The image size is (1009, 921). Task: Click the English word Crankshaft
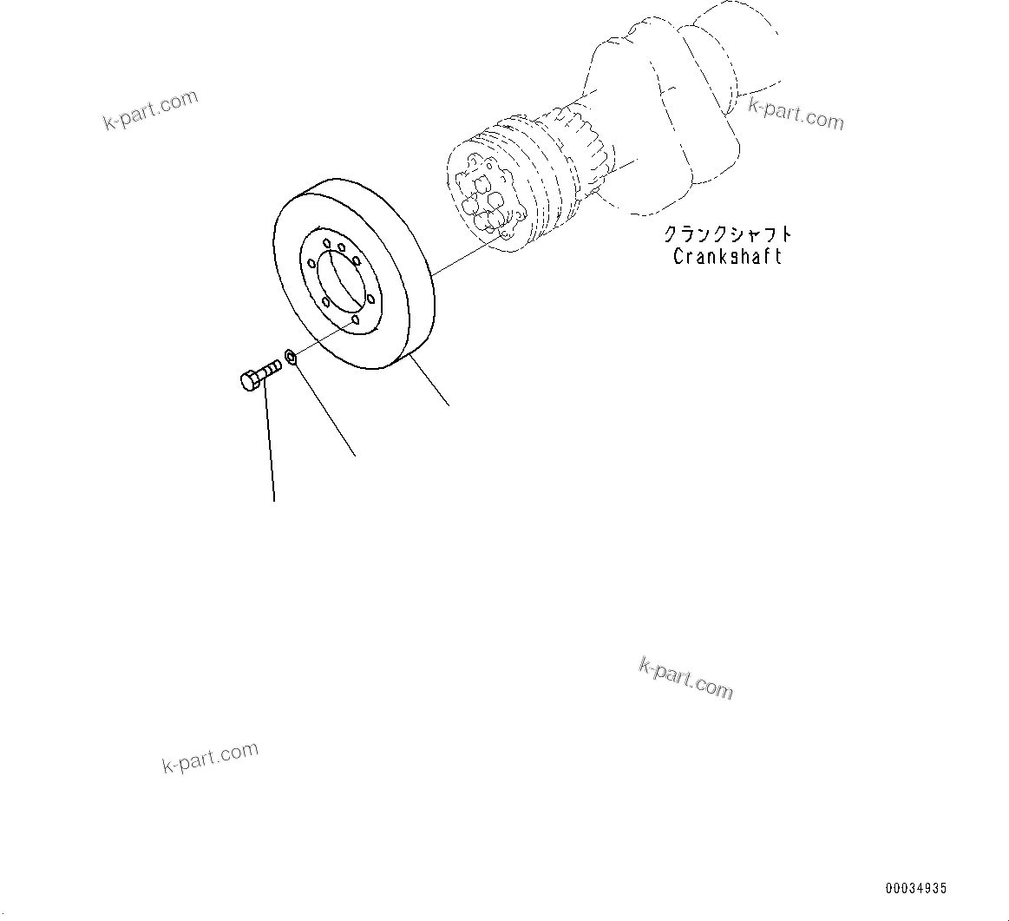click(x=727, y=256)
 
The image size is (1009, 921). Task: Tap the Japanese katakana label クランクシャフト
click(x=727, y=234)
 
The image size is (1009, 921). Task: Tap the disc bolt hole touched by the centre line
click(x=356, y=320)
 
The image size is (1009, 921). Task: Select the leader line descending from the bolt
click(x=270, y=443)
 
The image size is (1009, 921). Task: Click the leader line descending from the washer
click(x=325, y=408)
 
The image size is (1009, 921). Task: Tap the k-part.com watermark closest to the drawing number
click(x=685, y=677)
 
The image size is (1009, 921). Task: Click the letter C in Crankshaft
click(x=679, y=257)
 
